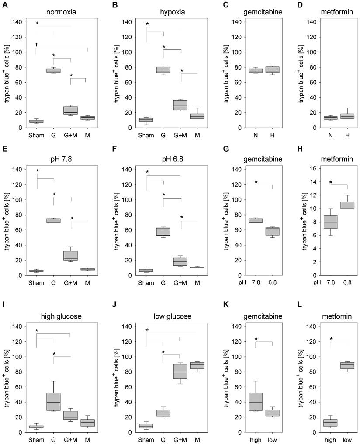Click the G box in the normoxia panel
[x=53, y=71]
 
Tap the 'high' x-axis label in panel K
[x=255, y=439]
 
